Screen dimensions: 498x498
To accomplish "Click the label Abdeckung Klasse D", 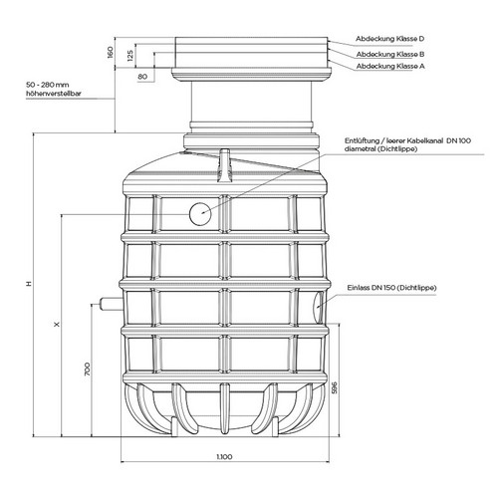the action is point(389,39).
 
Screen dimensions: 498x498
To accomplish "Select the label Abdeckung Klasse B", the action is point(390,54).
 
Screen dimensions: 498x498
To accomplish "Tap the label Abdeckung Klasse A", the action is point(390,66).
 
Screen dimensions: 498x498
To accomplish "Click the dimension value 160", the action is point(111,53).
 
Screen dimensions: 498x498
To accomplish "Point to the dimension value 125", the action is point(130,56).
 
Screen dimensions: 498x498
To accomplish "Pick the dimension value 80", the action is point(142,77).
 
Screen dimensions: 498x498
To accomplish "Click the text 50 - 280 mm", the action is point(48,85).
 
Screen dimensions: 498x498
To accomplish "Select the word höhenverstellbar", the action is point(54,94).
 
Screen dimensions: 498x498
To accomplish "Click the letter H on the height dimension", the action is point(30,284).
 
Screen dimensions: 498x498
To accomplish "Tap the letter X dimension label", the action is point(57,324).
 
